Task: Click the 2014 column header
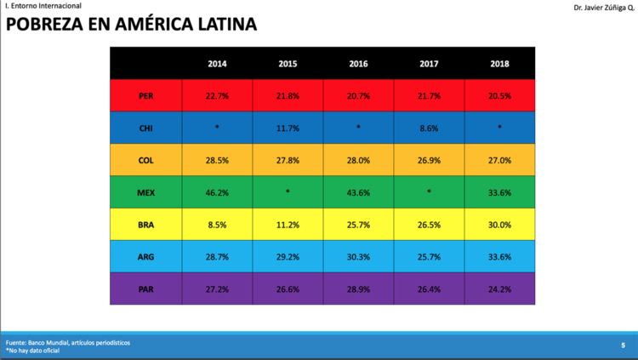(217, 64)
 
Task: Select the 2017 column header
(429, 64)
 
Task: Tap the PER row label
(145, 96)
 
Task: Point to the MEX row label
(145, 192)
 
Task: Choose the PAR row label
(145, 289)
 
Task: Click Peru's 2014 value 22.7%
(217, 96)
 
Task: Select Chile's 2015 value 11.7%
(288, 129)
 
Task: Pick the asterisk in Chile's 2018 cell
(499, 127)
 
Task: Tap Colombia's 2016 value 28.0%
(358, 161)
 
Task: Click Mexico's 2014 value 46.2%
(217, 192)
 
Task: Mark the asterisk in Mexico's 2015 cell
(288, 191)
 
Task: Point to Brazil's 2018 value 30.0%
(499, 225)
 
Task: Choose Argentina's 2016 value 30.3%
(358, 257)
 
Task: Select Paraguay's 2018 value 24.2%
(499, 289)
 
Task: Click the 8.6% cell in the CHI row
(429, 129)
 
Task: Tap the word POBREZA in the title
(56, 24)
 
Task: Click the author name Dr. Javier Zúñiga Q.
(604, 8)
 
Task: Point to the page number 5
(623, 346)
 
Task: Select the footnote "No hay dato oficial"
(34, 351)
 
